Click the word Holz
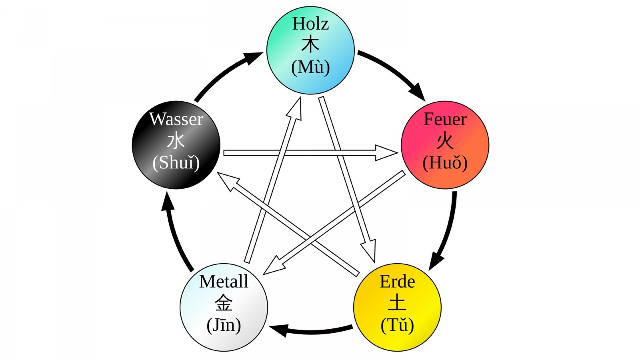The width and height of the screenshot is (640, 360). click(310, 24)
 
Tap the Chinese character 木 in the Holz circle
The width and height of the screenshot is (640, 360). click(310, 45)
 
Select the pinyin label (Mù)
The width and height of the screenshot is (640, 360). click(310, 67)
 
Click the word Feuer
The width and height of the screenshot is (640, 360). click(445, 119)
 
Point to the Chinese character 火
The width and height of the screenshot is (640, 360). click(445, 141)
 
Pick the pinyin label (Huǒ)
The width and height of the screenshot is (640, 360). click(445, 163)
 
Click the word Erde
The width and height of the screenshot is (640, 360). click(397, 282)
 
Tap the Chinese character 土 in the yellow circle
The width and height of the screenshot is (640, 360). click(397, 303)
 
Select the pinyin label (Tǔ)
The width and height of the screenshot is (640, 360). click(397, 325)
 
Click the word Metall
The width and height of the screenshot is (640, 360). click(224, 282)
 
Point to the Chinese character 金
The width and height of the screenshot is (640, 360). click(224, 303)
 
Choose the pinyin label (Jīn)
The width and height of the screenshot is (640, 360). click(224, 325)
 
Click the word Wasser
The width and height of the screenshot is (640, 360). click(176, 119)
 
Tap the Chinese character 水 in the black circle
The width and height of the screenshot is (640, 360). click(176, 141)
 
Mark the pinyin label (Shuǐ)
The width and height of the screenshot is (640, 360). click(176, 163)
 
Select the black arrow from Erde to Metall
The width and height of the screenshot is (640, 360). click(310, 331)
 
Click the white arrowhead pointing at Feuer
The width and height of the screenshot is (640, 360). click(387, 153)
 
